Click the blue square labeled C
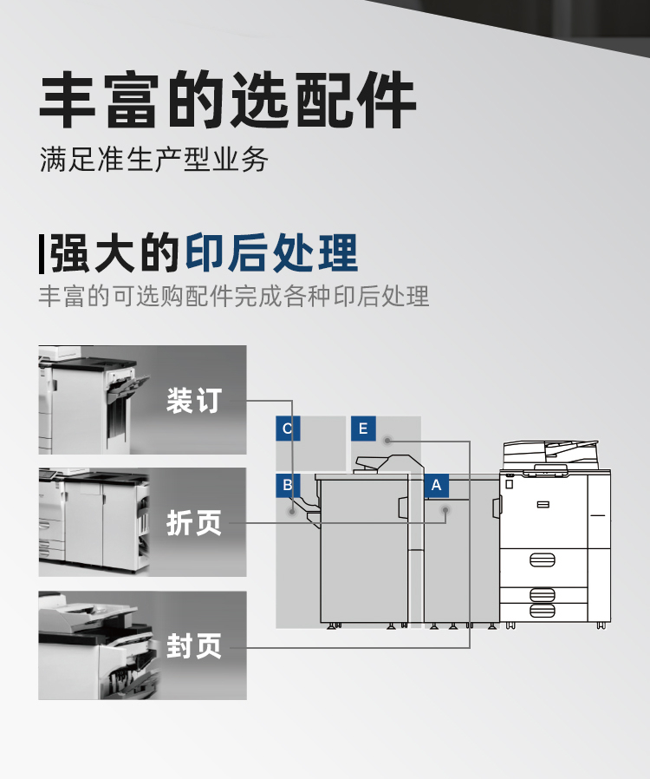[x=288, y=429]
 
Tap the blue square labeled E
[x=363, y=429]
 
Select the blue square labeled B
[x=288, y=486]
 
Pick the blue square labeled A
[x=437, y=486]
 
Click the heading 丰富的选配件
[x=227, y=100]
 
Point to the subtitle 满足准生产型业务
[x=153, y=160]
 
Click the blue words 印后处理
[x=271, y=253]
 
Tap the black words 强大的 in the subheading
[x=114, y=253]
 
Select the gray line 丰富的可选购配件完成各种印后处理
[x=234, y=296]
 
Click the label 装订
[x=194, y=401]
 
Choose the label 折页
[x=194, y=522]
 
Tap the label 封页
[x=194, y=645]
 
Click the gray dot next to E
[x=387, y=441]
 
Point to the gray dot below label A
[x=445, y=511]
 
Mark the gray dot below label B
[x=292, y=511]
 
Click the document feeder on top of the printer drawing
[x=550, y=454]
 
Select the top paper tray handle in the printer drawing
[x=543, y=560]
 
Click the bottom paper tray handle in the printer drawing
[x=543, y=611]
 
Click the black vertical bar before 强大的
[x=42, y=254]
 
